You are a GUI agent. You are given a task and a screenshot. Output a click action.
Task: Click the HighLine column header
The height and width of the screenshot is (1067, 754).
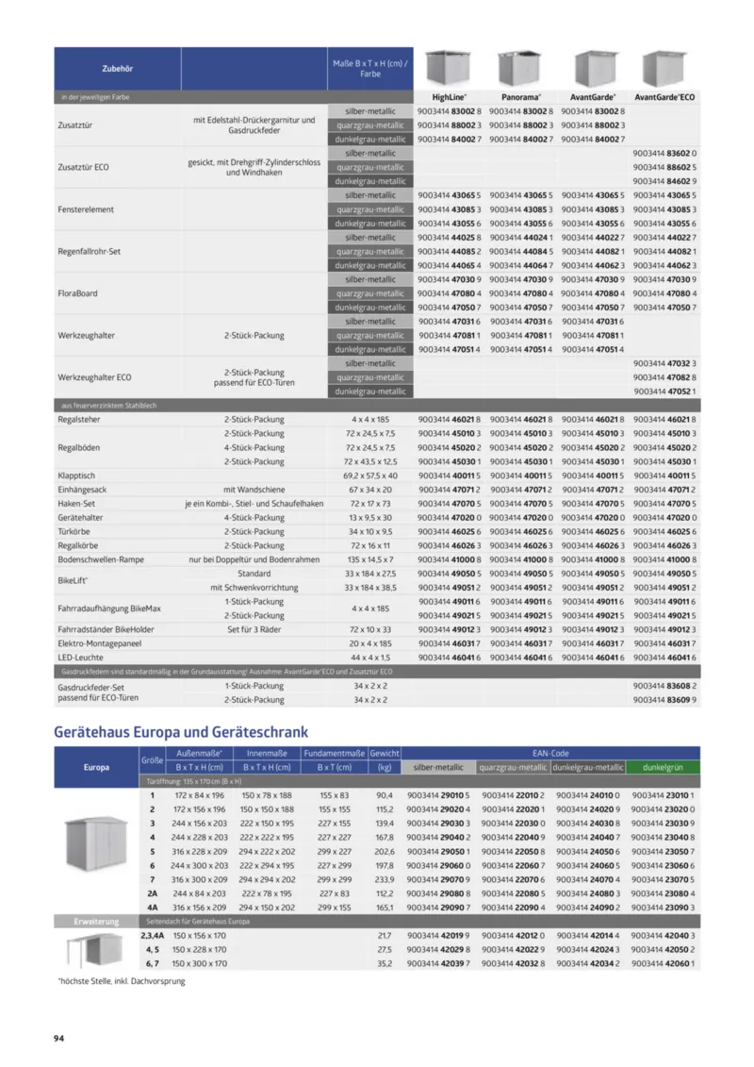(x=450, y=97)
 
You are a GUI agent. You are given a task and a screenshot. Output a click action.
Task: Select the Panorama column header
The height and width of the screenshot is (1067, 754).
(x=522, y=97)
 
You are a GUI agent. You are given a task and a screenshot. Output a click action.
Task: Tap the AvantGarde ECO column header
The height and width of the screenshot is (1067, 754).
(x=664, y=97)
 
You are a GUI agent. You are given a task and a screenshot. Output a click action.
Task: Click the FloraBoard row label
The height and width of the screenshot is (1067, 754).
(x=77, y=293)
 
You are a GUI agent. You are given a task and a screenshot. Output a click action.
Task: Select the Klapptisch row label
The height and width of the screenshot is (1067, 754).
(x=76, y=475)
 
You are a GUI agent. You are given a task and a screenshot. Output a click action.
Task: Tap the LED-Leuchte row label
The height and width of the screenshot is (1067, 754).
(x=81, y=656)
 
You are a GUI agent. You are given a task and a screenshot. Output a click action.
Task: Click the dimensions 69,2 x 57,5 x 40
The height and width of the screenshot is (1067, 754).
(x=370, y=475)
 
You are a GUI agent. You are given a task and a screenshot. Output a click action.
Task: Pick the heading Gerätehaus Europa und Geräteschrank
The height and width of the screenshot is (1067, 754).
(x=181, y=731)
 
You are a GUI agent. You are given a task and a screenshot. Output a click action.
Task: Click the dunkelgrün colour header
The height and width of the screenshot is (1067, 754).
(x=663, y=768)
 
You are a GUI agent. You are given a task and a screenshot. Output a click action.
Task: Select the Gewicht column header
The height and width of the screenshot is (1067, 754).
(x=385, y=754)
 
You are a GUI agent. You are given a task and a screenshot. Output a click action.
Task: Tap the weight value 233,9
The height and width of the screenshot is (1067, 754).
(x=385, y=878)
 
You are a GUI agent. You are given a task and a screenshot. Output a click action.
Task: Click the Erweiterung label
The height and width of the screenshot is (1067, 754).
(x=97, y=920)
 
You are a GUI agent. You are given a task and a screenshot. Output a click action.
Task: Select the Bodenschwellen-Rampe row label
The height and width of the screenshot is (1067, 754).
(x=100, y=559)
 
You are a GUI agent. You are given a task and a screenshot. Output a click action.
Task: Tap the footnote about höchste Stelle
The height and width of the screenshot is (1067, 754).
(x=122, y=982)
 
